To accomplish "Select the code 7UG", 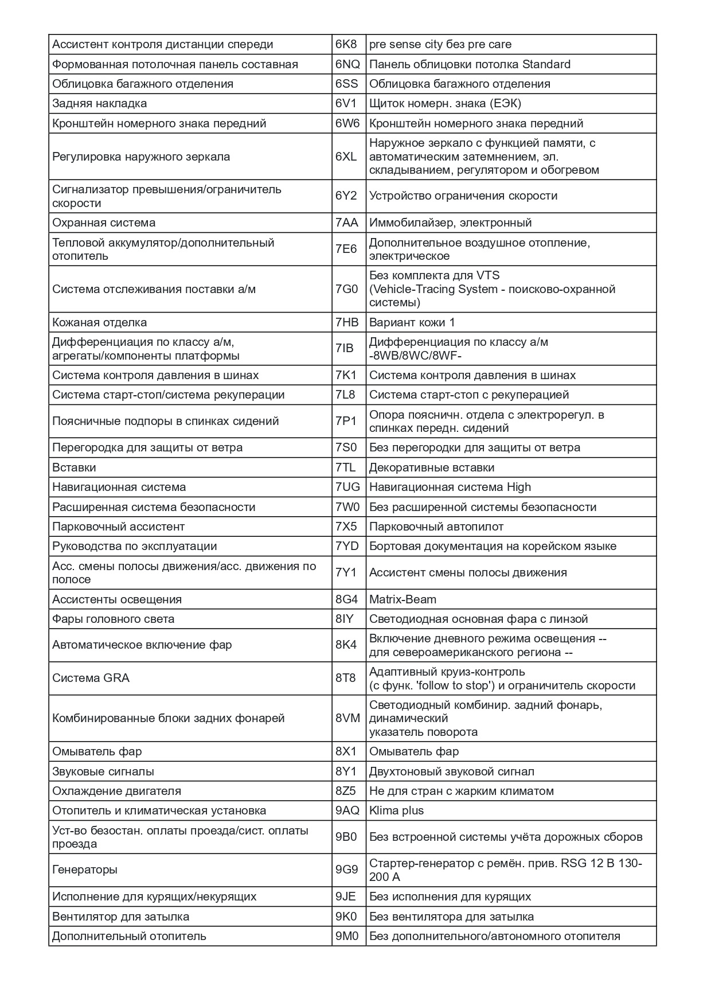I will pyautogui.click(x=347, y=487).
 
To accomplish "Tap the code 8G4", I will pyautogui.click(x=346, y=599).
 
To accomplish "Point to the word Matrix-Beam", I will pyautogui.click(x=403, y=599).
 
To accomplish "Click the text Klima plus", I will pyautogui.click(x=396, y=810).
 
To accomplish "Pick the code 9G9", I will pyautogui.click(x=346, y=869).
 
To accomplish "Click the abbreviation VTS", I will pyautogui.click(x=487, y=275).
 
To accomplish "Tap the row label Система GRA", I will pyautogui.click(x=91, y=678).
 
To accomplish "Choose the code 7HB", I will pyautogui.click(x=347, y=322).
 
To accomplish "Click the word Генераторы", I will pyautogui.click(x=85, y=869).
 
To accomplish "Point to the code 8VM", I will pyautogui.click(x=347, y=718).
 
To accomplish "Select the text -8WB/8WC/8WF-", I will pyautogui.click(x=416, y=356).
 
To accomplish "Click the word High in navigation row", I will pyautogui.click(x=518, y=487).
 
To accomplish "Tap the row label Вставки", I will pyautogui.click(x=74, y=467).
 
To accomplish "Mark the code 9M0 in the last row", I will pyautogui.click(x=346, y=936).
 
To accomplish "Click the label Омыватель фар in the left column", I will pyautogui.click(x=97, y=751).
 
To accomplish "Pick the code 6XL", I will pyautogui.click(x=346, y=157).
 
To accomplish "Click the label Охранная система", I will pyautogui.click(x=104, y=223).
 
